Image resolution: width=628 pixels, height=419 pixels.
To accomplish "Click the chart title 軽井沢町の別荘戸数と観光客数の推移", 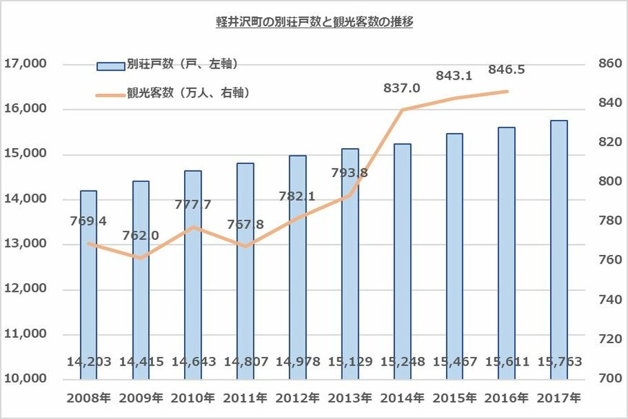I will (x=314, y=22).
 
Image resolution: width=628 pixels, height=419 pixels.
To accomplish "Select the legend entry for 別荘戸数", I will (x=167, y=65).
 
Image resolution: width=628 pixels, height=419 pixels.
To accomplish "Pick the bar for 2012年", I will (x=297, y=267).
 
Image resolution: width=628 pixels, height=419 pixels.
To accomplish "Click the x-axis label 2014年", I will (x=402, y=398).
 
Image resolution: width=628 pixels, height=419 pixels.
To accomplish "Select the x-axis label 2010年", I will (x=193, y=398).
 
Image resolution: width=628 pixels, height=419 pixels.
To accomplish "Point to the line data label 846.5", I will (x=506, y=70).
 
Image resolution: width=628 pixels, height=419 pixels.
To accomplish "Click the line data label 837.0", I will (x=402, y=88).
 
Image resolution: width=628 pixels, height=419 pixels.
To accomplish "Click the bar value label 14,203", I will (x=89, y=361).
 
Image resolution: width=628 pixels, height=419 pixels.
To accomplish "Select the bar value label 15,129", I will (x=350, y=361).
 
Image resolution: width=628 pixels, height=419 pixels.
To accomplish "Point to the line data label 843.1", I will (x=454, y=76).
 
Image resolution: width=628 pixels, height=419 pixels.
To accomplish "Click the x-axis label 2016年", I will (x=506, y=398).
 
